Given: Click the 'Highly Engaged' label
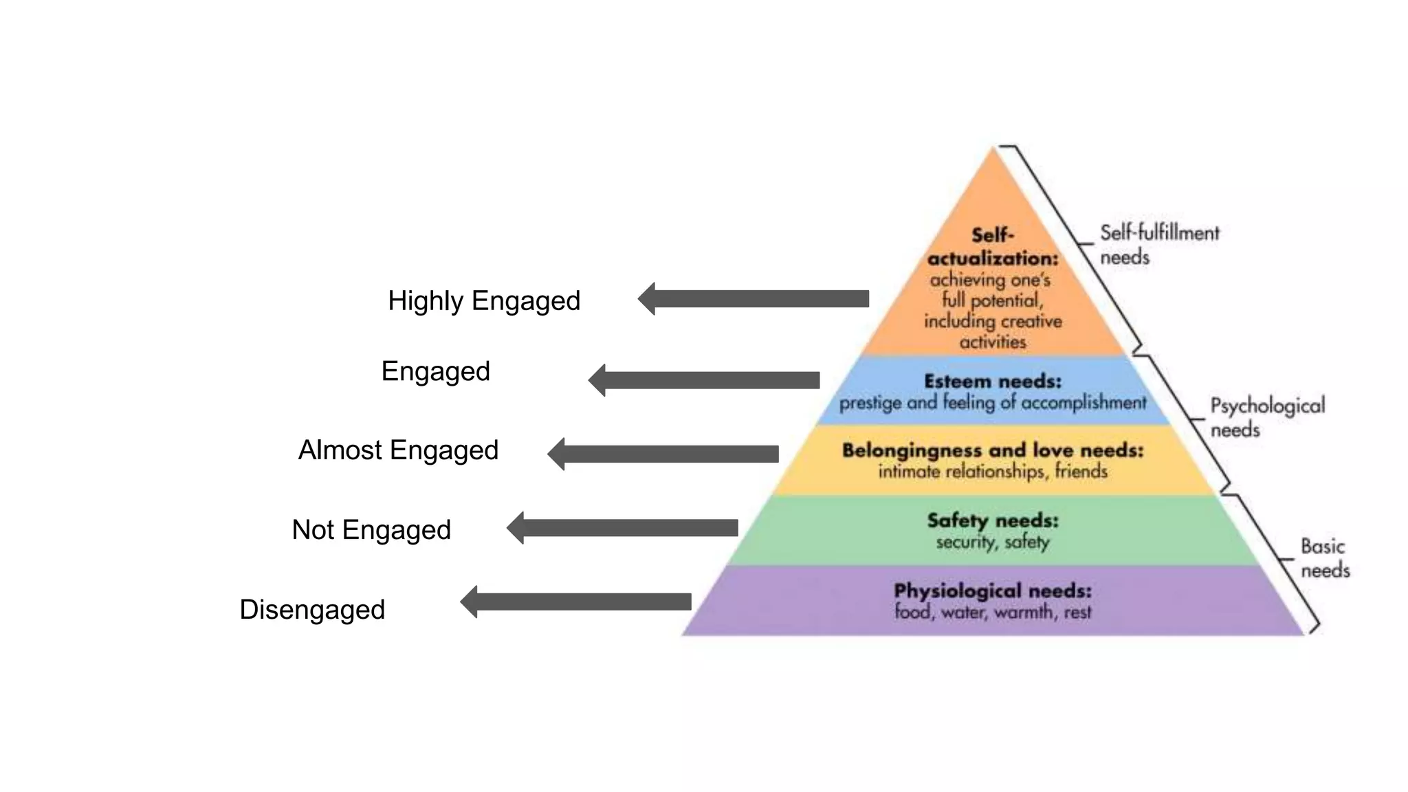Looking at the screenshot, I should point(484,301).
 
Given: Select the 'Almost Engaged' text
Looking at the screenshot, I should point(398,450).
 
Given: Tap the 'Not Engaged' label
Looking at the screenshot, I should point(371,530).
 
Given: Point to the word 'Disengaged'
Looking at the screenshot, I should point(312,610).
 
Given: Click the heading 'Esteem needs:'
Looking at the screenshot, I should point(992,382).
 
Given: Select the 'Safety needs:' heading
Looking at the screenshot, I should point(992,520).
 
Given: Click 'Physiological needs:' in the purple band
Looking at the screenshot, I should point(992,591).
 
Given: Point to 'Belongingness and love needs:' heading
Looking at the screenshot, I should point(992,450).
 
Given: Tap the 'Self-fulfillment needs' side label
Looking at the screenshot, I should point(1158,245).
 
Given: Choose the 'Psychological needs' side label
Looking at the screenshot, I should point(1266,417).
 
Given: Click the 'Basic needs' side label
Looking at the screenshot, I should point(1324,558).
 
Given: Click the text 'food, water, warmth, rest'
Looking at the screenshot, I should point(992,612).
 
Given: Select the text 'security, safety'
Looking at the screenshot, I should point(992,542).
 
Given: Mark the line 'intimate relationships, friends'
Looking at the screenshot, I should point(992,472).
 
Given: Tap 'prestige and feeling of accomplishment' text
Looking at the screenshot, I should point(992,403).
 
